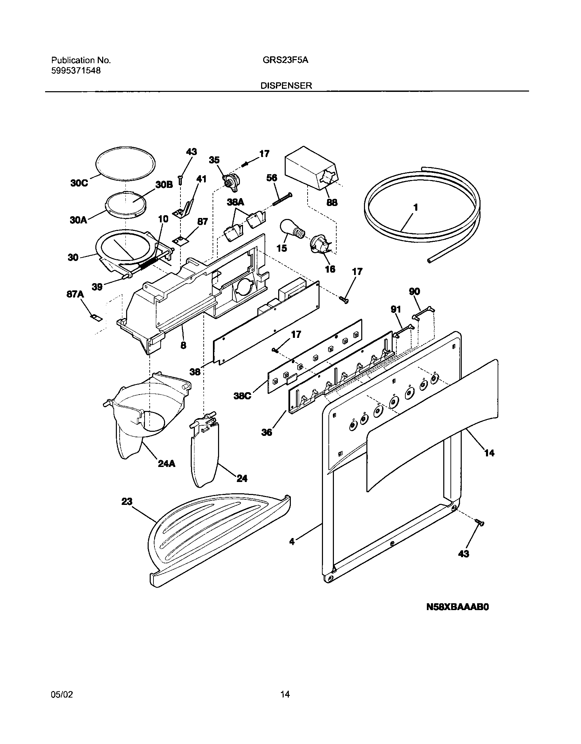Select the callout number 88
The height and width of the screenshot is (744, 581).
[332, 203]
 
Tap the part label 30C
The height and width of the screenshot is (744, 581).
[79, 183]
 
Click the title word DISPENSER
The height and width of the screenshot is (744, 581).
[286, 86]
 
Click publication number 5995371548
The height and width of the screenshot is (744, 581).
[76, 71]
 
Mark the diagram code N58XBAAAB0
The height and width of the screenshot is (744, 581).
[458, 607]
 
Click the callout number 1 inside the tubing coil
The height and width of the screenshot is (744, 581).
[416, 208]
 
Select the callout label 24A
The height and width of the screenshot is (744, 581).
[166, 464]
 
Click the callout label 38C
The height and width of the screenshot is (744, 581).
[242, 396]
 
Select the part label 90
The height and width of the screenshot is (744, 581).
[414, 291]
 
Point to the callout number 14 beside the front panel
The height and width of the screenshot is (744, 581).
[489, 453]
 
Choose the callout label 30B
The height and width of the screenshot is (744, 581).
[164, 185]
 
